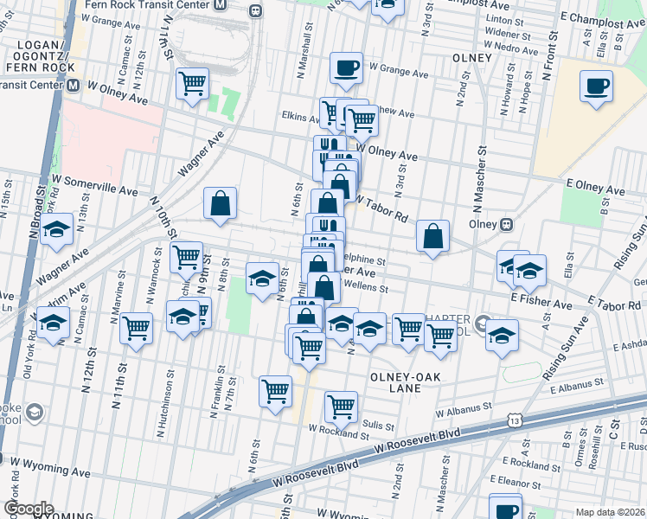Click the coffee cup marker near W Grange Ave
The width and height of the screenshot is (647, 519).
pyautogui.click(x=346, y=67)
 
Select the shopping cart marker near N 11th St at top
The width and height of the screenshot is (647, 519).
pyautogui.click(x=191, y=84)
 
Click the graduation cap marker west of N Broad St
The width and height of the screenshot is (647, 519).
pyautogui.click(x=56, y=230)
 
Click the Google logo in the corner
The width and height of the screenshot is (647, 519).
pyautogui.click(x=29, y=508)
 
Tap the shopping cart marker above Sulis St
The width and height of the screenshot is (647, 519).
pyautogui.click(x=341, y=405)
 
